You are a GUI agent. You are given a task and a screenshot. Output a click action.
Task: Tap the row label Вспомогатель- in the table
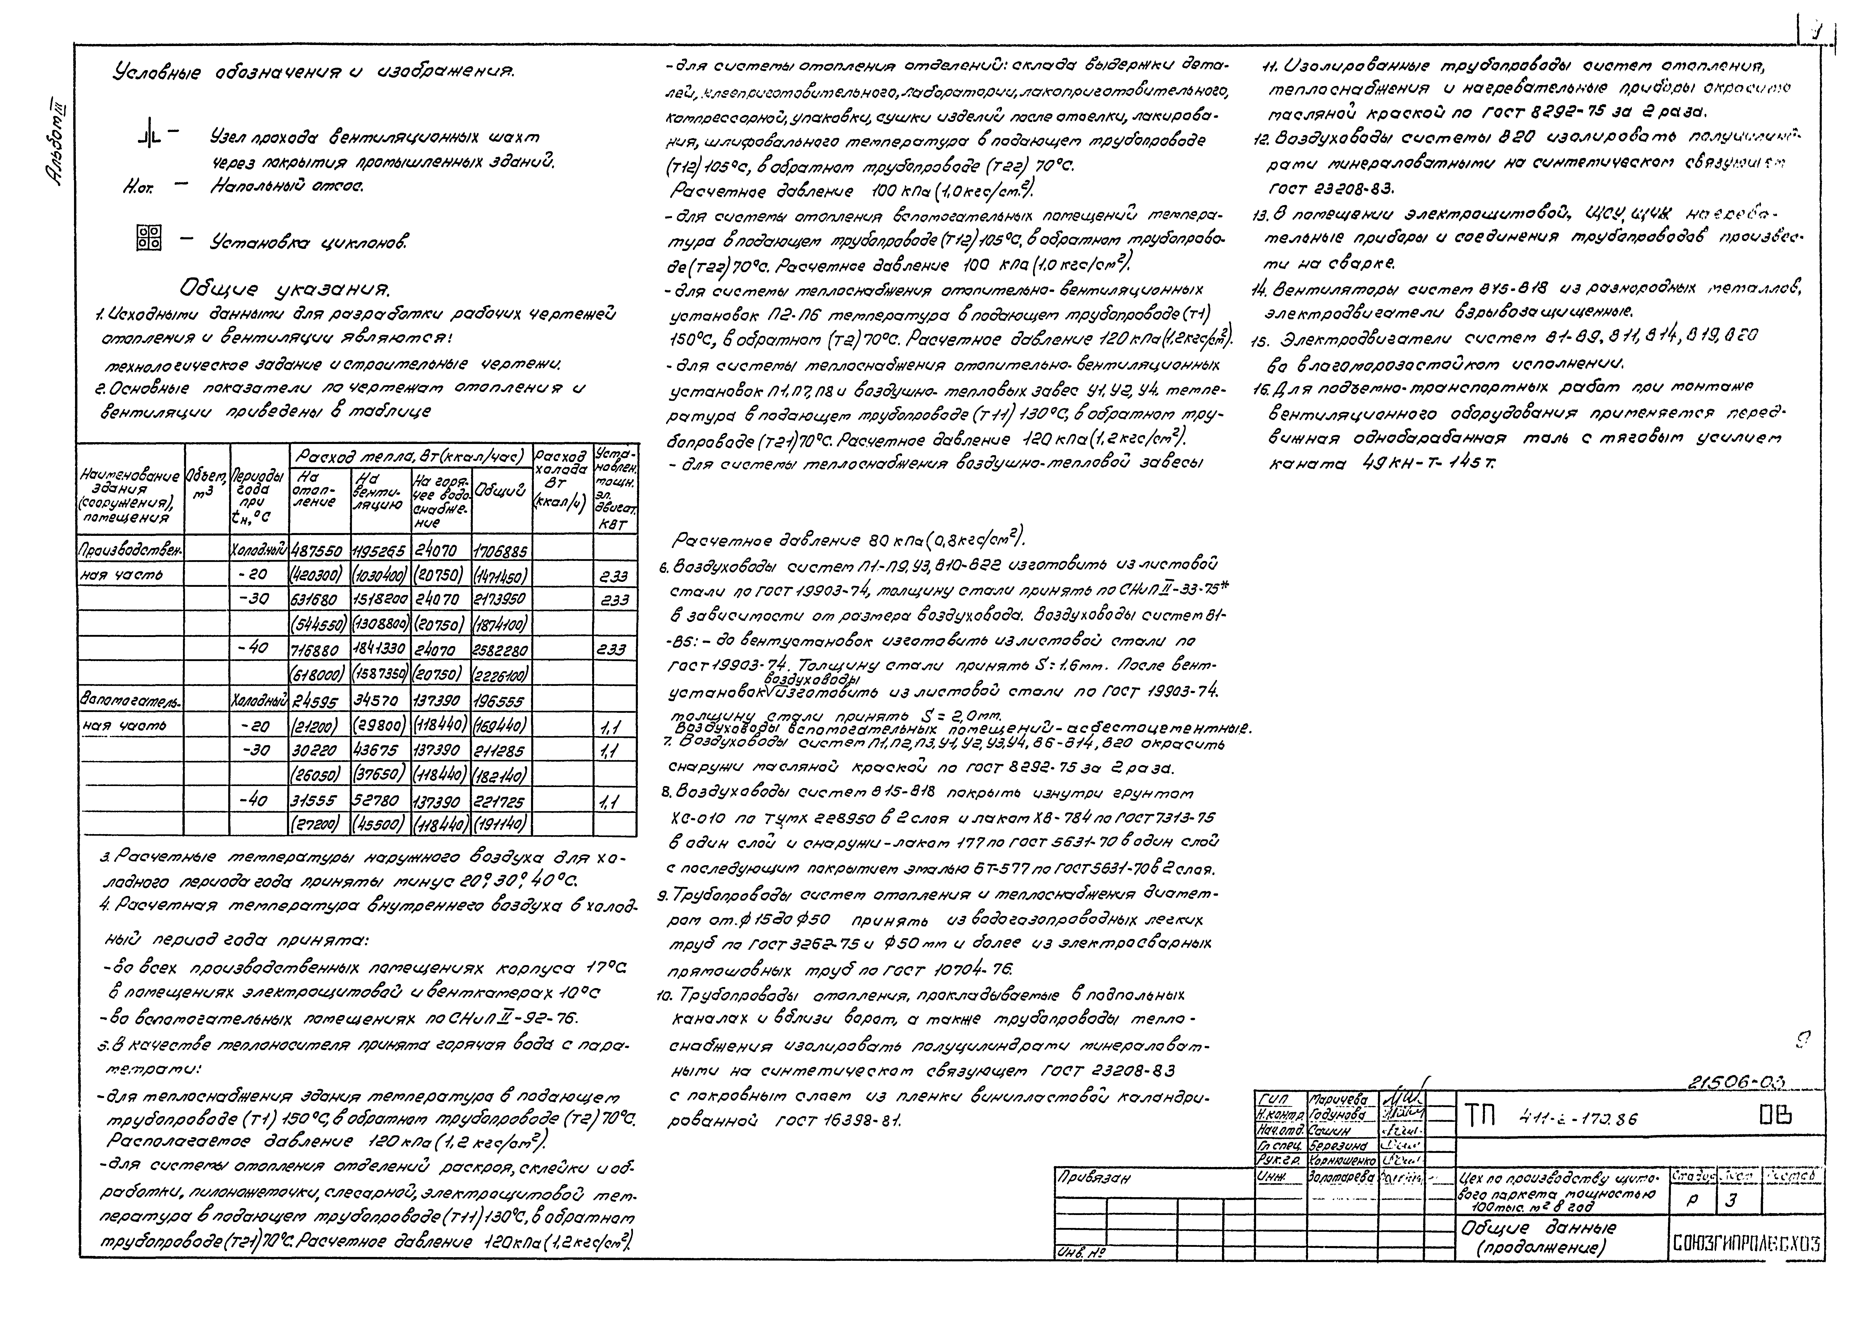tap(131, 701)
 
